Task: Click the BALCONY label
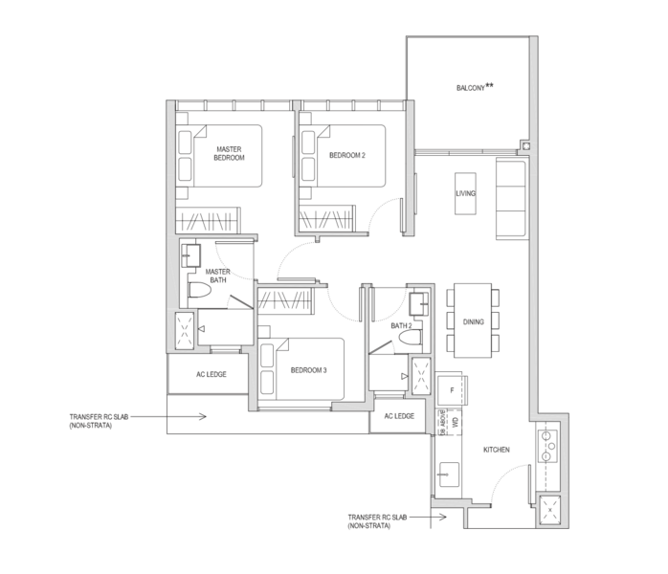[475, 88]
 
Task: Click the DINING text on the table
[473, 321]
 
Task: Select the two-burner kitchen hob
[551, 446]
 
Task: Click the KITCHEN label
[496, 449]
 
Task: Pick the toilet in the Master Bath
[197, 291]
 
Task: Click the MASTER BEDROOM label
[229, 153]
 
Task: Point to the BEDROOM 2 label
[347, 154]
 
